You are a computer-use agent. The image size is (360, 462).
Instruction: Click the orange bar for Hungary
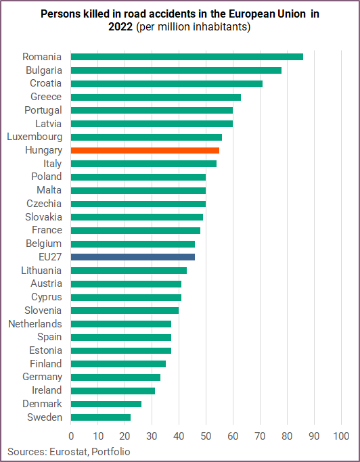[x=145, y=150]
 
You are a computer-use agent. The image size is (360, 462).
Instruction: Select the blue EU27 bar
[x=133, y=257]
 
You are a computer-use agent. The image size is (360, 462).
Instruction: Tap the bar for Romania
[x=187, y=57]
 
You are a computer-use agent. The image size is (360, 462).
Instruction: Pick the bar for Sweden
[x=101, y=417]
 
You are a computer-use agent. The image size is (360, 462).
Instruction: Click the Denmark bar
[x=106, y=404]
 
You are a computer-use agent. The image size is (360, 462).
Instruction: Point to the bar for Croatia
[x=167, y=84]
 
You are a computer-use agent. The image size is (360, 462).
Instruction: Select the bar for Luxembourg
[x=147, y=137]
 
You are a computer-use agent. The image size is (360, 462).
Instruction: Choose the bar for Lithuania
[x=129, y=270]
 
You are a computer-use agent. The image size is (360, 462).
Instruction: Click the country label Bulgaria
[x=44, y=70]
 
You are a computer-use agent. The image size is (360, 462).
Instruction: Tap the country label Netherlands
[x=35, y=324]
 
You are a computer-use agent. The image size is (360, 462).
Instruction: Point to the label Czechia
[x=44, y=204]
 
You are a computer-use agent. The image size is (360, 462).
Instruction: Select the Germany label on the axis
[x=42, y=377]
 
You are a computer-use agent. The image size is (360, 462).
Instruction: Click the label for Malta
[x=49, y=190]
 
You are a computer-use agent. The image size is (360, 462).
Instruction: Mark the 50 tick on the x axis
[x=206, y=436]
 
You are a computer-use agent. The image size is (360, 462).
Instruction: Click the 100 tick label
[x=341, y=436]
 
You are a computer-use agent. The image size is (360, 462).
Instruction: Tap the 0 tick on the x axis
[x=71, y=436]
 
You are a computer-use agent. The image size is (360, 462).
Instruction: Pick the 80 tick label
[x=287, y=436]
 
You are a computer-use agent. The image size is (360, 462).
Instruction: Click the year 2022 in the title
[x=121, y=27]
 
